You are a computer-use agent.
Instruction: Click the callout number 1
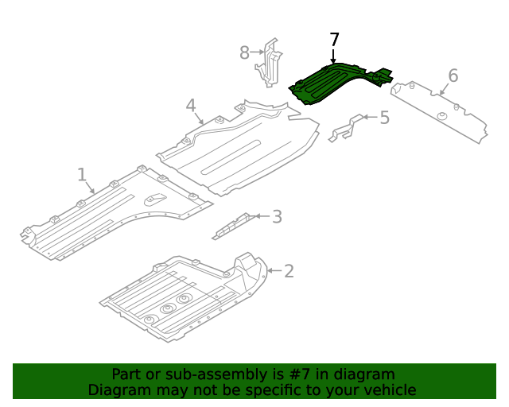82,173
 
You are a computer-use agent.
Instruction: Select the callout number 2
289,271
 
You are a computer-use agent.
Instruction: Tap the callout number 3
276,216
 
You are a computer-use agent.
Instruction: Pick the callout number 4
191,106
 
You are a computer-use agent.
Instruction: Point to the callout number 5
384,118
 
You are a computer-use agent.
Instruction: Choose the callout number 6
453,76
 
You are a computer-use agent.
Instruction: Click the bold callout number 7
334,40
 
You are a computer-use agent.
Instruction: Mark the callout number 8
245,52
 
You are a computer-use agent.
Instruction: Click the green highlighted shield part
330,83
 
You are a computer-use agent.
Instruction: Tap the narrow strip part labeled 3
231,226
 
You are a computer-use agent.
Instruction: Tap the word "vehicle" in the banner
388,390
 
